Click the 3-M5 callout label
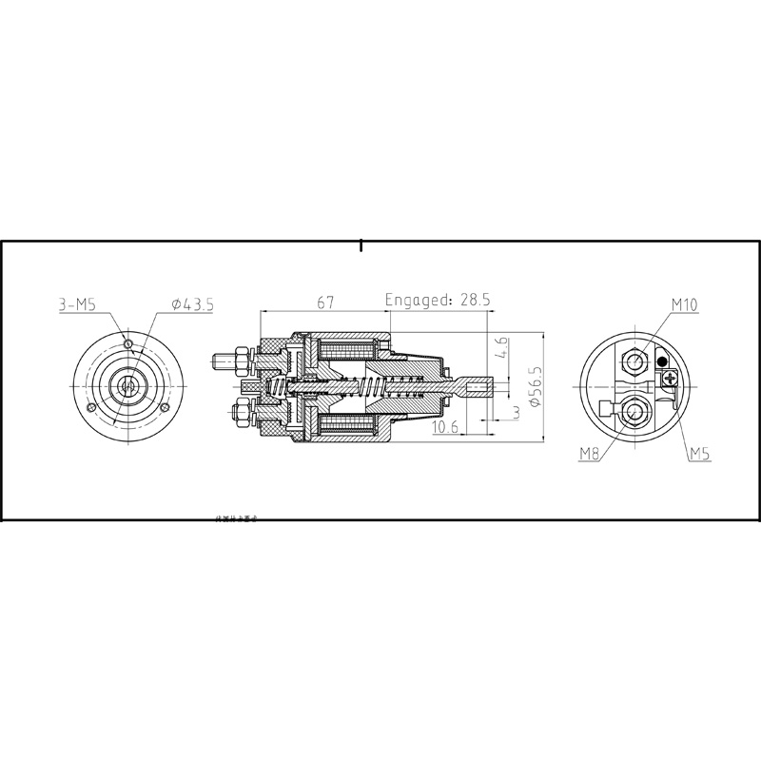tap(76, 304)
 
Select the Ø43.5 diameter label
tap(193, 304)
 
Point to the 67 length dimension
tap(325, 302)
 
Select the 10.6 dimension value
tap(446, 428)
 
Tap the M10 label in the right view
tap(685, 304)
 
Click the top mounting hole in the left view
tap(127, 341)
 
